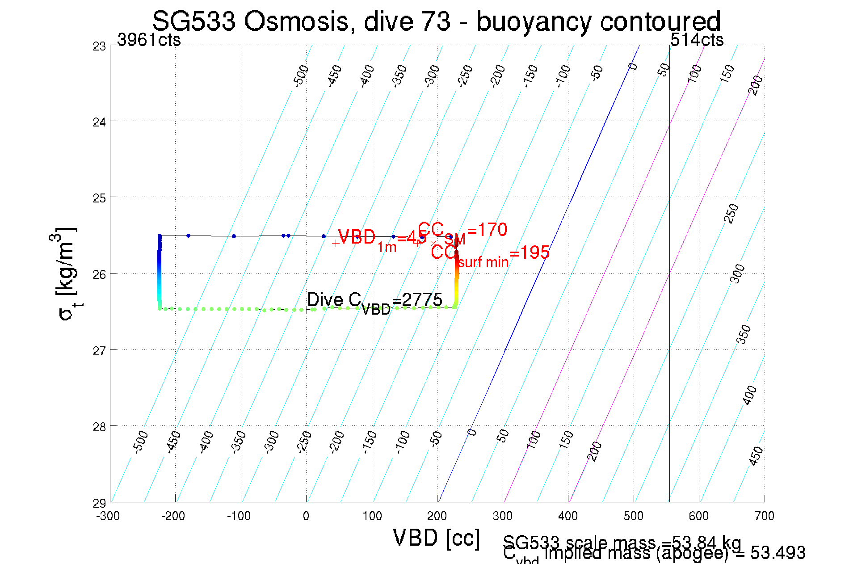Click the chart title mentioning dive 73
(x=436, y=21)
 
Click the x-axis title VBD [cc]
(x=436, y=538)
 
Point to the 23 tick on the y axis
(x=99, y=46)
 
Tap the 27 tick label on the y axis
(x=99, y=351)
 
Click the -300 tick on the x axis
(x=108, y=516)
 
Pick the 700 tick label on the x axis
(x=764, y=516)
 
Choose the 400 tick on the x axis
(x=568, y=516)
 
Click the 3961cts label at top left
(x=149, y=40)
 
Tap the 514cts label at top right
(x=697, y=40)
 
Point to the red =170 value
(x=487, y=230)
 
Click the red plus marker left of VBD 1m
(x=336, y=244)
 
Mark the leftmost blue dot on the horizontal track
(x=188, y=236)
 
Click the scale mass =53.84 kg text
(x=622, y=542)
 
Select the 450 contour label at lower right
(x=756, y=456)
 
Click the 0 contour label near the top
(x=633, y=67)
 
